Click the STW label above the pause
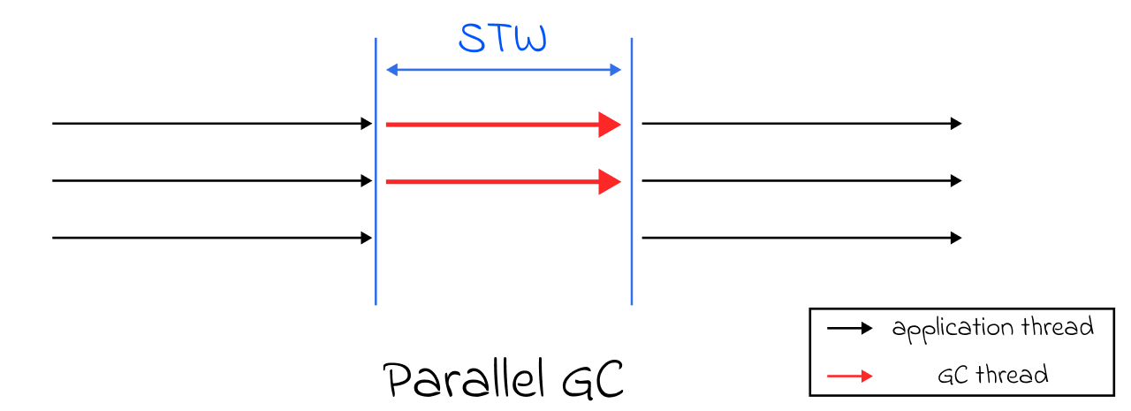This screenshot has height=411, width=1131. click(503, 39)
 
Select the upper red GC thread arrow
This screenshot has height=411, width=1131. click(495, 125)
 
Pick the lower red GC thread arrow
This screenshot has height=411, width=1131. click(495, 181)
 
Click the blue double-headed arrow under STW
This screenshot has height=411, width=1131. click(504, 70)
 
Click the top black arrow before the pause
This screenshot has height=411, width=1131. click(212, 124)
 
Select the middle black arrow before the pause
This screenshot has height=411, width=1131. click(212, 181)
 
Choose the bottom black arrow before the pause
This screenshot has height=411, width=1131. click(212, 238)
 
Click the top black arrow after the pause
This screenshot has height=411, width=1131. click(801, 124)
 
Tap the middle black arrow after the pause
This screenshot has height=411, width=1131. click(801, 181)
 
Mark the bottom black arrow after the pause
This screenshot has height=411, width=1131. click(801, 238)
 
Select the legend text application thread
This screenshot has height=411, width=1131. click(992, 329)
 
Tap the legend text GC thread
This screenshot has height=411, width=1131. click(992, 375)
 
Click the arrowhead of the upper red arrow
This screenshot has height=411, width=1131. click(611, 125)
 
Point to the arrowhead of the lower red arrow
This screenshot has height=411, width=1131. click(611, 181)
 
